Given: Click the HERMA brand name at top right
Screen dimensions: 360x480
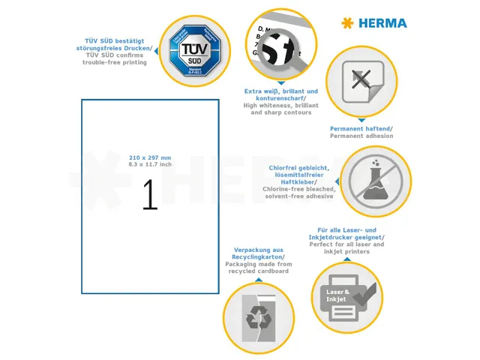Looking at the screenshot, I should click(x=382, y=23).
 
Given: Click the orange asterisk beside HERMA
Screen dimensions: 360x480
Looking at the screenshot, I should click(x=346, y=23).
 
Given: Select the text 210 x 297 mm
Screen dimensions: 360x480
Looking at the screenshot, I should click(x=150, y=157).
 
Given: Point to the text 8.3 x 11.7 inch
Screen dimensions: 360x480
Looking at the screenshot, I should click(x=150, y=164).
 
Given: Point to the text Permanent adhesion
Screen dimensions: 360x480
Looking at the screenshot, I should click(x=361, y=136).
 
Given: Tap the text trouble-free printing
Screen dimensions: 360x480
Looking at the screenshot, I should click(x=115, y=62).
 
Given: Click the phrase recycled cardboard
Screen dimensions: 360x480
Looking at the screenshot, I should click(x=259, y=271).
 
